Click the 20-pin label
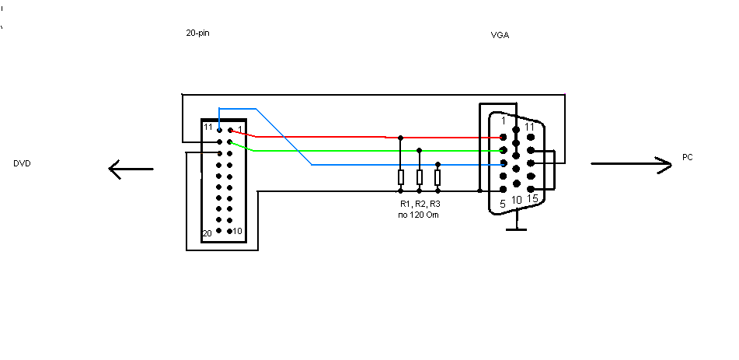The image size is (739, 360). coord(198,33)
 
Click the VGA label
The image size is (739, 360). coord(500,36)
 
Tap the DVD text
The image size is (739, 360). coord(23,163)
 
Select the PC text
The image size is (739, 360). coord(688,157)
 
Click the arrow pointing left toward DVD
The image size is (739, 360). coord(131,169)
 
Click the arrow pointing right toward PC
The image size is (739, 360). coord(632,164)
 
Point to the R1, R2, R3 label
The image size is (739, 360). coord(420,204)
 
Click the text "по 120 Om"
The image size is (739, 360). coord(419,215)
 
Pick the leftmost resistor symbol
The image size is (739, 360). coord(401,177)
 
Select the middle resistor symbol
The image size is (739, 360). coord(419,177)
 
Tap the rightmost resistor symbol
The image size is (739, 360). coord(437,177)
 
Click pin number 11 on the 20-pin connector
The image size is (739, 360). coord(207,127)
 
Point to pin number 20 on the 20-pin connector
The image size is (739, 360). coord(207,233)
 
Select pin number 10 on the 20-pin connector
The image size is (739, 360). coord(237,231)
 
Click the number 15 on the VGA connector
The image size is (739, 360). coord(532,198)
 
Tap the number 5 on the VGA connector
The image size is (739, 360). coord(503,204)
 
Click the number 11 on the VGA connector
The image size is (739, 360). coord(529,127)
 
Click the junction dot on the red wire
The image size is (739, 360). coord(401,138)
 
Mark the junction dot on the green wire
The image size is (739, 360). coord(419,151)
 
